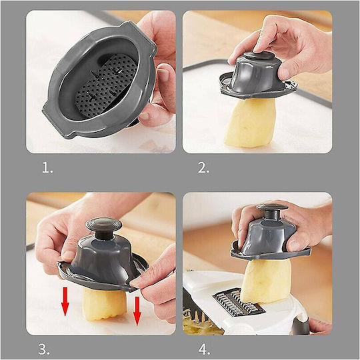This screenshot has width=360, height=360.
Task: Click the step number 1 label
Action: pos(47,168)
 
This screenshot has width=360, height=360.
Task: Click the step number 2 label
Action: pos(203,167)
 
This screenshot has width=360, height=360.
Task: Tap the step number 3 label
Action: pos(44,349)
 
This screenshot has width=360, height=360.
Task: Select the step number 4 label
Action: pos(204,349)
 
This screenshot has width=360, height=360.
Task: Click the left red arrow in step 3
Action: pos(65,301)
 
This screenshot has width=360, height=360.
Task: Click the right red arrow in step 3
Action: pos(137,311)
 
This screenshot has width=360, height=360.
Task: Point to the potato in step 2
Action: pos(249,123)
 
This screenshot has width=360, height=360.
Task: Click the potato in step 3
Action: pos(105,303)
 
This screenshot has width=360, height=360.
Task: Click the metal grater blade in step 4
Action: pos(239,302)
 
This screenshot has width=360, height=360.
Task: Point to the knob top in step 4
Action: pos(272,207)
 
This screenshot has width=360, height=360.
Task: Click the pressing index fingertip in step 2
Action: pos(259,49)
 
